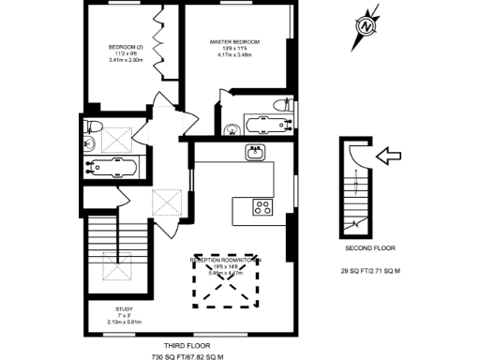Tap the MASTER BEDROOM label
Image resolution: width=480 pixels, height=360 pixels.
coord(234,42)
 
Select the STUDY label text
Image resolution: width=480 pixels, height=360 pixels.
coord(124,307)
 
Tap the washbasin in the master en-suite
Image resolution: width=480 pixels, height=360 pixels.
coord(230,127)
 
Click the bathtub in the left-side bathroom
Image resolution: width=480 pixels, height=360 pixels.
coord(110,170)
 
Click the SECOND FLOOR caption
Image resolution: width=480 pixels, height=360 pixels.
coord(369,248)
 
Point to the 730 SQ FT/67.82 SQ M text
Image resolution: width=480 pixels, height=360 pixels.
coord(187,357)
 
